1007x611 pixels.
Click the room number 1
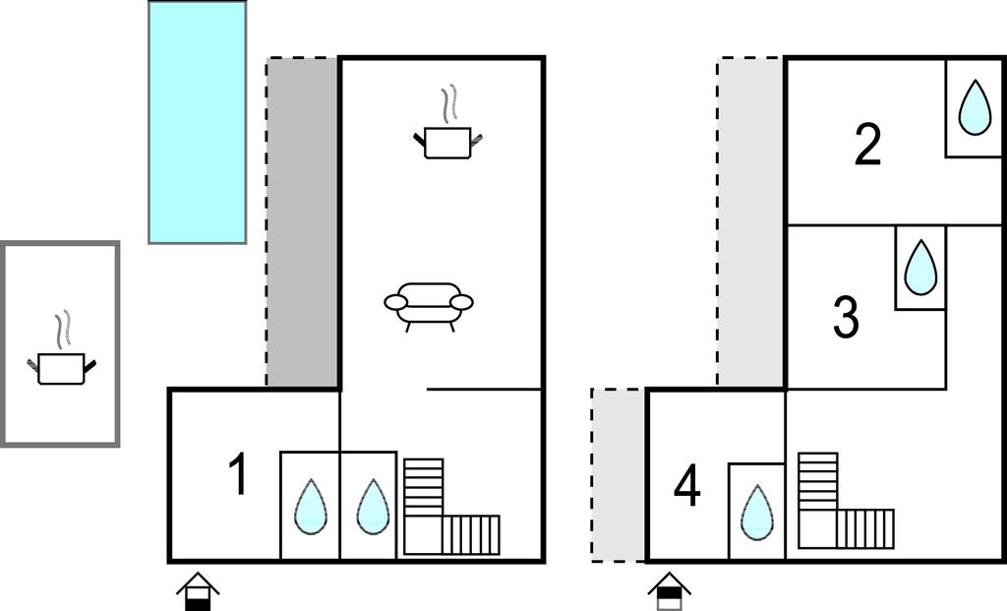click(x=239, y=473)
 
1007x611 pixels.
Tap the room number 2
click(x=867, y=145)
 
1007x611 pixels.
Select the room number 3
click(x=846, y=316)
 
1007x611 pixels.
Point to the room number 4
click(x=686, y=486)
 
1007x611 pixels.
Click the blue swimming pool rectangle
click(x=197, y=122)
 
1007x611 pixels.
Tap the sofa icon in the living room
click(x=429, y=306)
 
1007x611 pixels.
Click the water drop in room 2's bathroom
click(x=975, y=108)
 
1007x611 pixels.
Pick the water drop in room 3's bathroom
click(x=920, y=268)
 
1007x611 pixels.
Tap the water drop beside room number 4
click(x=756, y=513)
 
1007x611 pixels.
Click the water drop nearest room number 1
click(x=311, y=507)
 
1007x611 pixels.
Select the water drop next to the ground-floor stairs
click(x=373, y=507)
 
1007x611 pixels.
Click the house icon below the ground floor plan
click(x=198, y=591)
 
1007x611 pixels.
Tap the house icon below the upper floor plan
click(x=669, y=591)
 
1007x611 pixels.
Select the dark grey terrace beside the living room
click(x=303, y=222)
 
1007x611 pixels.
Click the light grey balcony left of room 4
click(x=618, y=475)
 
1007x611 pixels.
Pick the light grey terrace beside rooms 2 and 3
click(x=750, y=222)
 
